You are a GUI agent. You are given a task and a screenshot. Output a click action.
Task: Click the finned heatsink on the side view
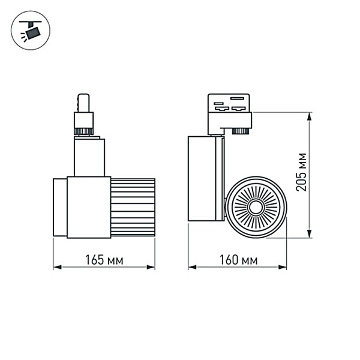pyautogui.click(x=133, y=207)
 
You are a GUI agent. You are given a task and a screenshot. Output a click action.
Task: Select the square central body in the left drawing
pyautogui.click(x=89, y=207)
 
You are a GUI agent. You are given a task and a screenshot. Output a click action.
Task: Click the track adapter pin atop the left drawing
pyautogui.click(x=83, y=102)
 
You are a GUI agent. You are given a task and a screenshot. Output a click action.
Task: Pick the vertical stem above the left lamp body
pyautogui.click(x=89, y=157)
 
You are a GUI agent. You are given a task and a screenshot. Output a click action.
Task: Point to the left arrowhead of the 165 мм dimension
pyautogui.click(x=56, y=268)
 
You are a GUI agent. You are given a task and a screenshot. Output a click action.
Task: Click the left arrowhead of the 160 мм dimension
pyautogui.click(x=191, y=268)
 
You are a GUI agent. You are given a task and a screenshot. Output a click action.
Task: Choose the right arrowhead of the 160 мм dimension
pyautogui.click(x=284, y=268)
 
